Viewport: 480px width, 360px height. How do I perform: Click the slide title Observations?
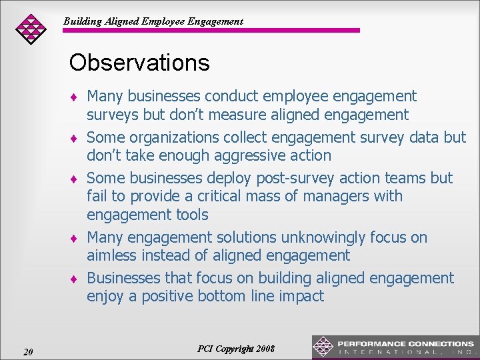[139, 63]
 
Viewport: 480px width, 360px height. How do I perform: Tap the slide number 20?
[28, 351]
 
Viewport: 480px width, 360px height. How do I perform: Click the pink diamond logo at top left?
[31, 28]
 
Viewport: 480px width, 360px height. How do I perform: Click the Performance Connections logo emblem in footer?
[323, 347]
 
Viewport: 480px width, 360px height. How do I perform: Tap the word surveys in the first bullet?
[111, 115]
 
